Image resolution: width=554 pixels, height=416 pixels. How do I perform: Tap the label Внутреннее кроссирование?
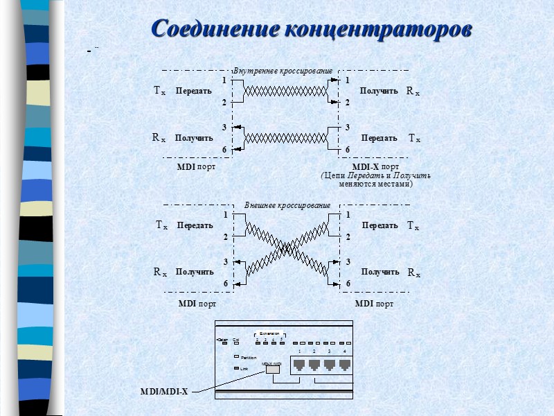point(283,71)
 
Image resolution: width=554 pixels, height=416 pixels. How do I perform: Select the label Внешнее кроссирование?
point(287,205)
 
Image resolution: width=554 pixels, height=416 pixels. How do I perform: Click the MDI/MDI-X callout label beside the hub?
point(164,392)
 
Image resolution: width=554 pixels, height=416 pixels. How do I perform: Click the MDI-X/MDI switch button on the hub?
point(272,369)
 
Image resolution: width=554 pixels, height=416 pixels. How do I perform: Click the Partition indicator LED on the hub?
point(236,357)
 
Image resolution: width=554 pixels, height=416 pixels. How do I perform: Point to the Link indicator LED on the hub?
point(236,368)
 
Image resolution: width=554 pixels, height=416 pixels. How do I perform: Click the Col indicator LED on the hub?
point(236,343)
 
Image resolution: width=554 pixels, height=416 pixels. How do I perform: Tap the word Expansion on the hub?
point(269,333)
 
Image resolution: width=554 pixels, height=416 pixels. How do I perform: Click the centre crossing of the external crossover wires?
point(287,246)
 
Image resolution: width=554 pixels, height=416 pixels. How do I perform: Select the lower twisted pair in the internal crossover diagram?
point(285,137)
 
